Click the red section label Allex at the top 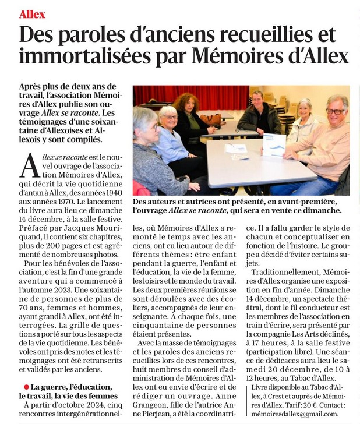(32, 13)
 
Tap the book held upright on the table (274, 144)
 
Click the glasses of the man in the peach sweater (334, 111)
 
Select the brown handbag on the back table (211, 120)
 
